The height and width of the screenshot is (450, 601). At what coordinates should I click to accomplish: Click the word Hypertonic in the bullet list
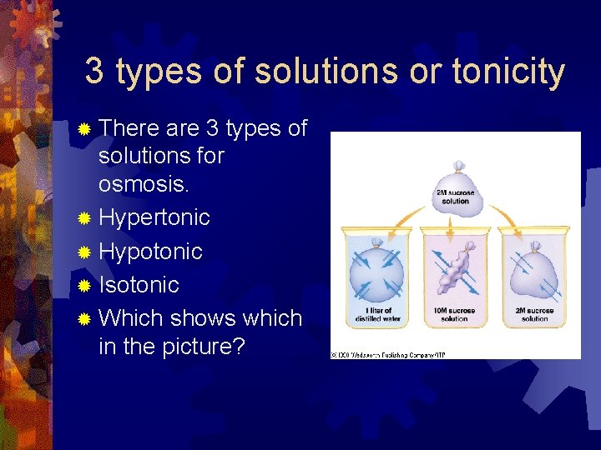[154, 218]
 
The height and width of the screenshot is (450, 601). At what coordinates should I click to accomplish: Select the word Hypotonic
[150, 252]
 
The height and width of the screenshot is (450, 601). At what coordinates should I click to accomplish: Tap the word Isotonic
[139, 285]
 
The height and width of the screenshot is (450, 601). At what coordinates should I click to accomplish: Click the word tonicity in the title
[508, 72]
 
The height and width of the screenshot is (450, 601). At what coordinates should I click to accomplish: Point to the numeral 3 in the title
[94, 72]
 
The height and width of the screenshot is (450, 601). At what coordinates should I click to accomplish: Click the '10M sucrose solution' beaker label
[454, 315]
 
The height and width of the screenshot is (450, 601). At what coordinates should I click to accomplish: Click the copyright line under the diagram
[388, 354]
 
